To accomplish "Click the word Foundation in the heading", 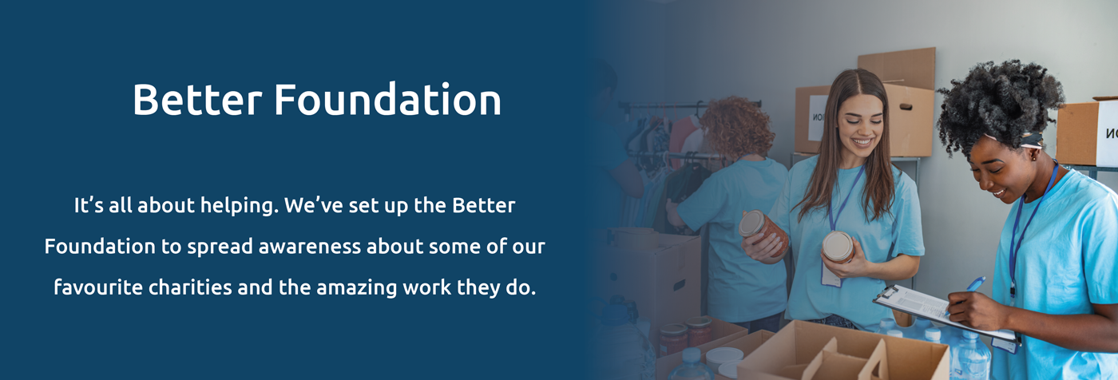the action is (387, 100).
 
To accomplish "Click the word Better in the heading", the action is (197, 100).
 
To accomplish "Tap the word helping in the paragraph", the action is (239, 206).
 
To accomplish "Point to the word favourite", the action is (98, 287).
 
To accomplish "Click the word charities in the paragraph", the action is (190, 287).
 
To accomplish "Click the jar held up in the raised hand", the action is (763, 232).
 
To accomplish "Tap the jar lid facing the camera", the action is (838, 246).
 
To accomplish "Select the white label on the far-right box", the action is (1107, 133).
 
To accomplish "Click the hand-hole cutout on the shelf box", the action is (906, 106).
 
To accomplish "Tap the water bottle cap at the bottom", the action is (692, 354).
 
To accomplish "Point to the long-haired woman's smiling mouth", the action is (862, 141).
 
